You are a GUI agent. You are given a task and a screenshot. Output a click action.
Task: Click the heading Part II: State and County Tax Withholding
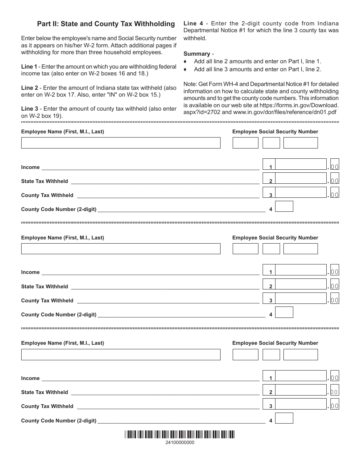point(106,24)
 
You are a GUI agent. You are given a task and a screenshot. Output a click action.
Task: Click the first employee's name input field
point(121,143)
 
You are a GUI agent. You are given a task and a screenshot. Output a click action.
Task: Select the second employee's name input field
point(121,249)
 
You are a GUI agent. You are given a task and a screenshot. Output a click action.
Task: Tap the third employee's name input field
point(121,354)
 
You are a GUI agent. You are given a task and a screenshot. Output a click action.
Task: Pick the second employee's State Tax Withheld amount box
point(301,285)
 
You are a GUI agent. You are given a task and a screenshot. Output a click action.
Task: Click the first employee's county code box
point(284,206)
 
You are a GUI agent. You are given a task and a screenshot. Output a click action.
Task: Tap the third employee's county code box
point(284,418)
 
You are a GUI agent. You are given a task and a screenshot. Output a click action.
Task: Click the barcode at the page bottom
point(180,435)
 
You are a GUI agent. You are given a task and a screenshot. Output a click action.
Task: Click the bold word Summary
point(196,54)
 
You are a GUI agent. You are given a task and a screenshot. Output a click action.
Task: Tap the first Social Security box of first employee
point(245,143)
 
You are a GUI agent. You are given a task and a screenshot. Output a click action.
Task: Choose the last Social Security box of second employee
point(301,249)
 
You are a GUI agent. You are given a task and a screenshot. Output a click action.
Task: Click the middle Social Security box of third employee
point(271,354)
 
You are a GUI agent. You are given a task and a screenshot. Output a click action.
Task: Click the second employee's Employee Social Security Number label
point(275,238)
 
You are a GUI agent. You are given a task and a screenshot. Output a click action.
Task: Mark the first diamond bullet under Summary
point(185,61)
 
